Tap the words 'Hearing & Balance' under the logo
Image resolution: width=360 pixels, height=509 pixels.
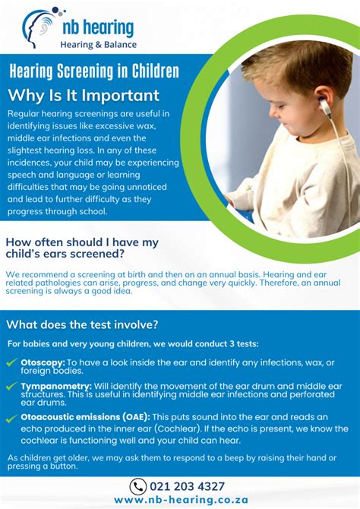(98, 44)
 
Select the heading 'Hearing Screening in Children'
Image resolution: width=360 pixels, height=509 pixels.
(94, 72)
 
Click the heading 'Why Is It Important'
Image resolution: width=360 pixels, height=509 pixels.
(84, 96)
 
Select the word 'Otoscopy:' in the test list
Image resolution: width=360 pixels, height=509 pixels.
(43, 363)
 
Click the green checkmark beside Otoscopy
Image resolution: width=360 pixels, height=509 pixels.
(12, 364)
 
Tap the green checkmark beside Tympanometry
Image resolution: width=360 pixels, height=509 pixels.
(12, 387)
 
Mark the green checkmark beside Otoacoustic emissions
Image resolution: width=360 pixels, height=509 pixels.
(12, 418)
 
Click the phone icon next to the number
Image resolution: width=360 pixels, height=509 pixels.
(138, 486)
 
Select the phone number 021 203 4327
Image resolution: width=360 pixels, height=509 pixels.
(188, 486)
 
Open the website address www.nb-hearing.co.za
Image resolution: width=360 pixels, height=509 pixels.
(180, 500)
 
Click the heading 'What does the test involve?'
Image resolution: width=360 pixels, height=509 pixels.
(83, 324)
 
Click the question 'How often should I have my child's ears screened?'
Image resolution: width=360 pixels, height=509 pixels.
(82, 248)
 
